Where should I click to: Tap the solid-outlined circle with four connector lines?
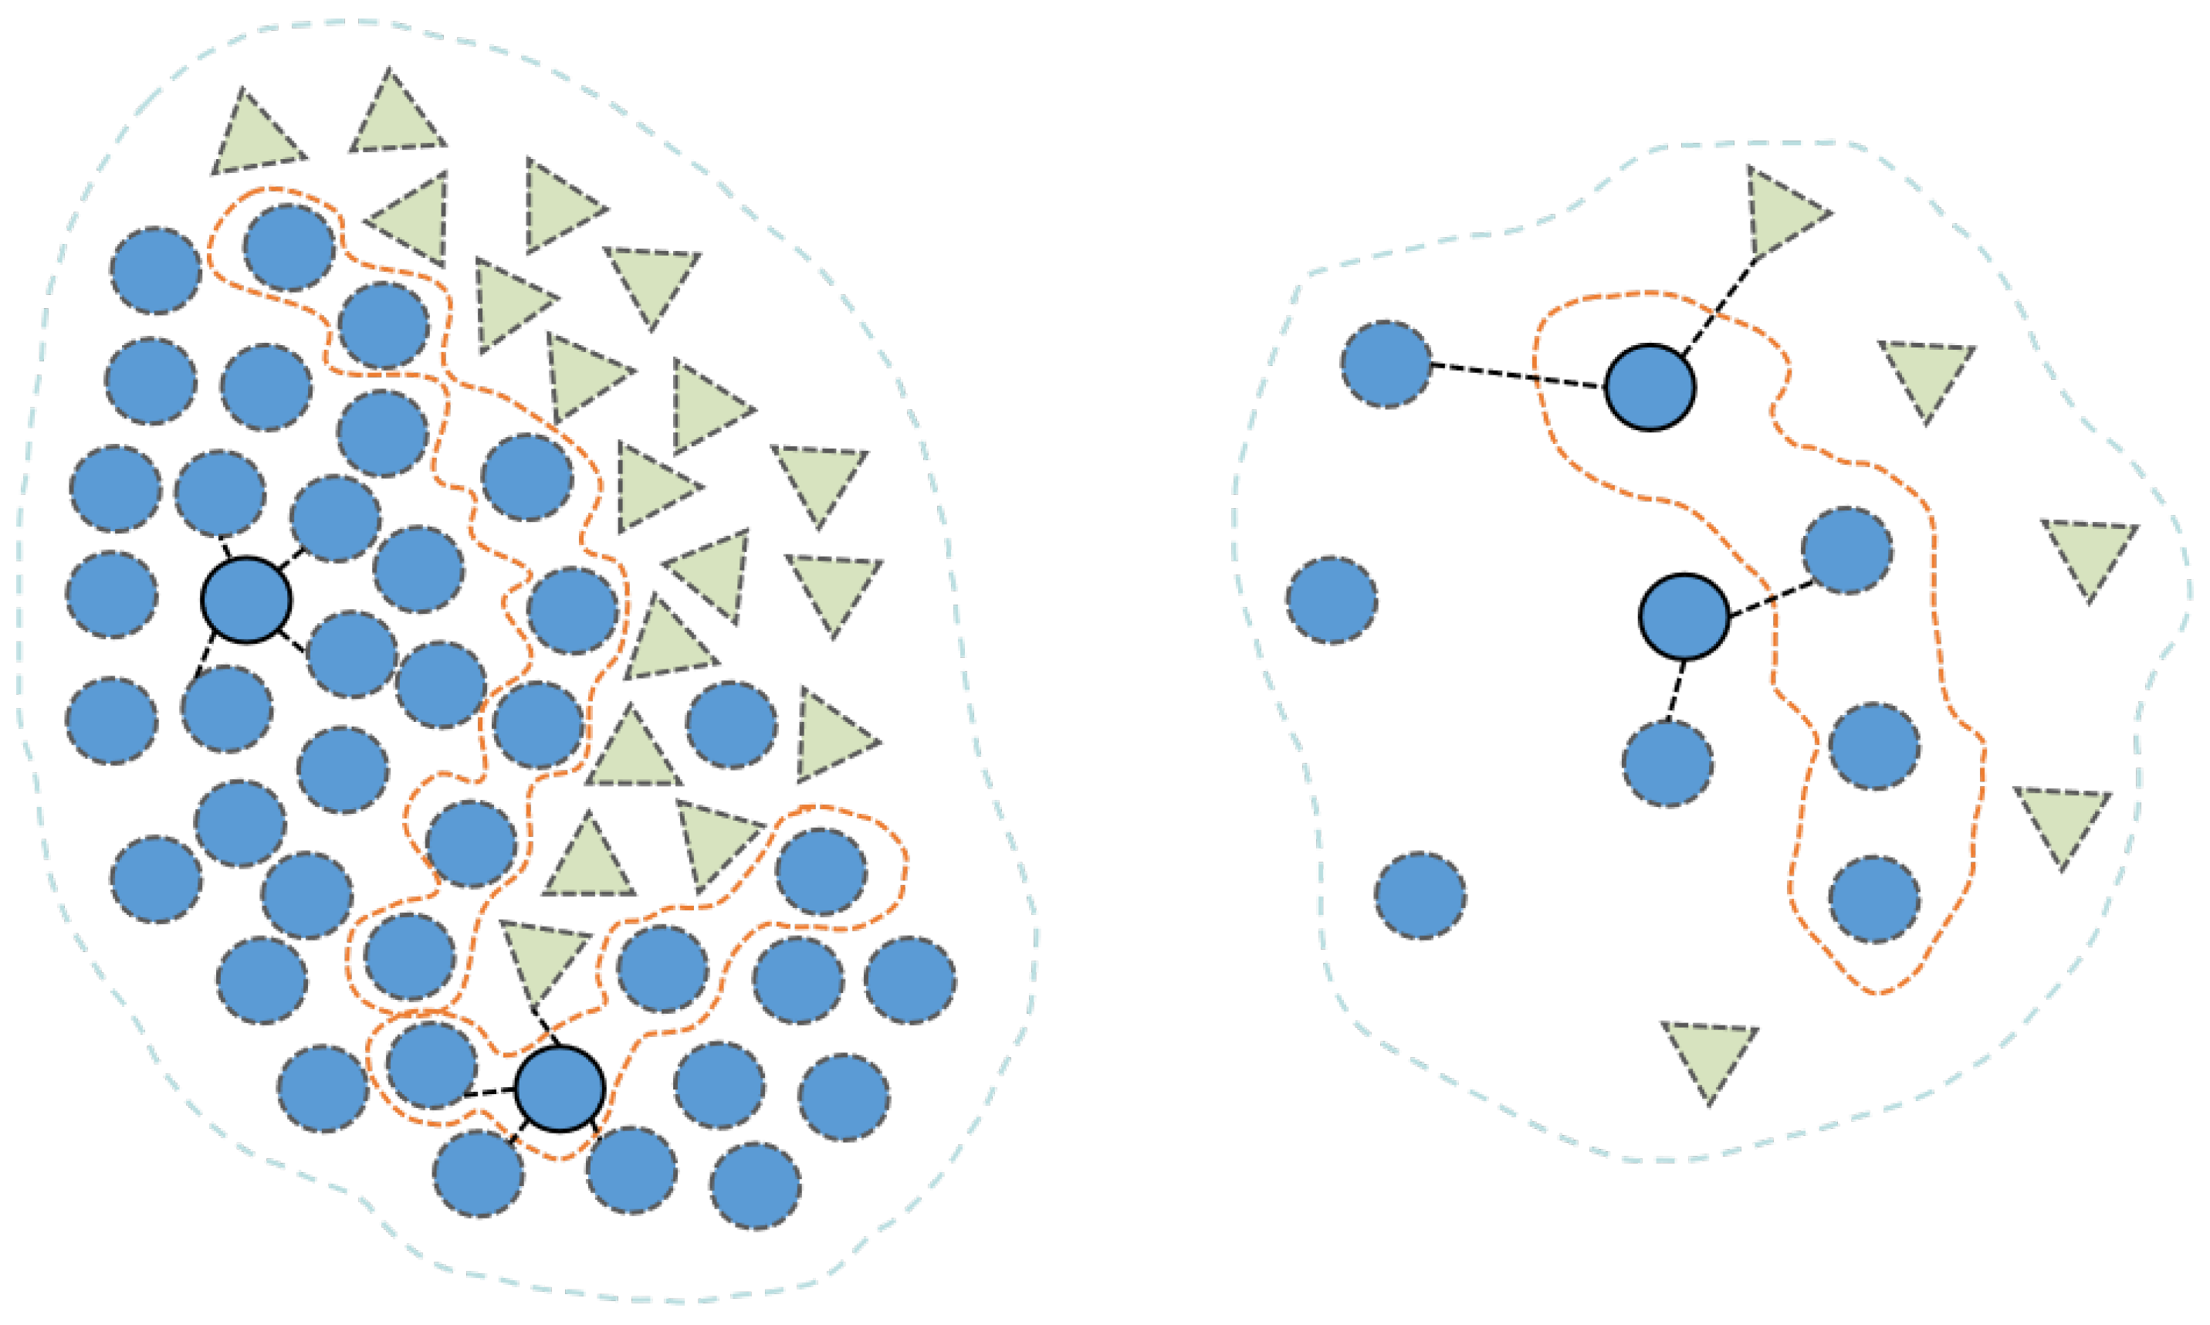tap(246, 600)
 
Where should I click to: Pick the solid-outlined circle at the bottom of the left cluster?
tap(560, 1089)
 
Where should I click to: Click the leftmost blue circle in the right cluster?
tap(1332, 600)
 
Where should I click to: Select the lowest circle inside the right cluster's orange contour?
tap(1874, 899)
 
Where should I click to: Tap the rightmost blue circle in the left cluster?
tap(909, 979)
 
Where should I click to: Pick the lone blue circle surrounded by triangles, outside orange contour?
tap(731, 724)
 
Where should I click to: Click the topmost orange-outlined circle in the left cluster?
tap(288, 247)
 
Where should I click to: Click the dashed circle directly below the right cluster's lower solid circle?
tap(1667, 764)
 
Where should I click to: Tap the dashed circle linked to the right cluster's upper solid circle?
tap(1386, 364)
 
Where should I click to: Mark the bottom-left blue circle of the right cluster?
tap(1420, 896)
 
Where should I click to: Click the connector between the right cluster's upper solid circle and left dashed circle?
tap(1518, 376)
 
